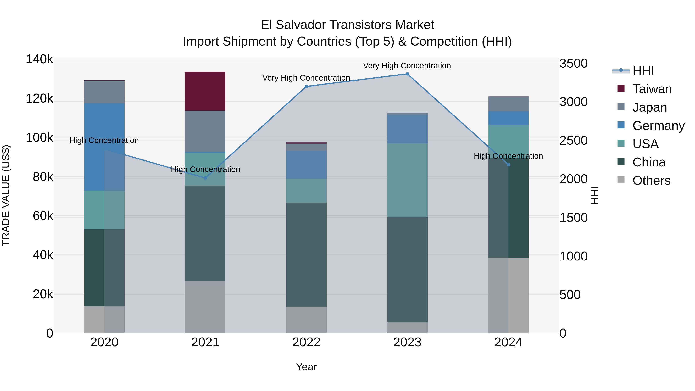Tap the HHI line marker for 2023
(407, 74)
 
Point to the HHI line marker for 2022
(306, 86)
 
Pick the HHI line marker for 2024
(508, 165)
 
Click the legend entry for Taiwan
(652, 89)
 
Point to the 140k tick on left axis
(39, 59)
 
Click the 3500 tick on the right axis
(573, 63)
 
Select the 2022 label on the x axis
(306, 342)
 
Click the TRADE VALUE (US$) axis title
(6, 195)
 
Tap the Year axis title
(306, 367)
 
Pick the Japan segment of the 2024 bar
(508, 104)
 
